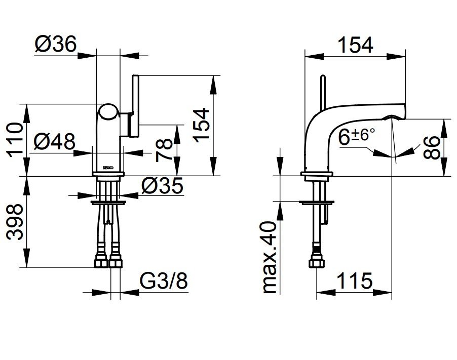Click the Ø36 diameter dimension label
(x=55, y=44)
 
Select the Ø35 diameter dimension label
(x=162, y=185)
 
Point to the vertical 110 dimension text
(x=15, y=140)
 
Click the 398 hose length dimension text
(x=15, y=222)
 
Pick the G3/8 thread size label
(x=164, y=281)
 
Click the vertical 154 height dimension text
(x=202, y=125)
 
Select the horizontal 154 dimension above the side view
(x=355, y=45)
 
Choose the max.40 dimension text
(x=269, y=257)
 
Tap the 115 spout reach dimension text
(x=355, y=281)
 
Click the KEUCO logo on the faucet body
(x=108, y=168)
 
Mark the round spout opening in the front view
(x=108, y=112)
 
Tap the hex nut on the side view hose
(x=317, y=263)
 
